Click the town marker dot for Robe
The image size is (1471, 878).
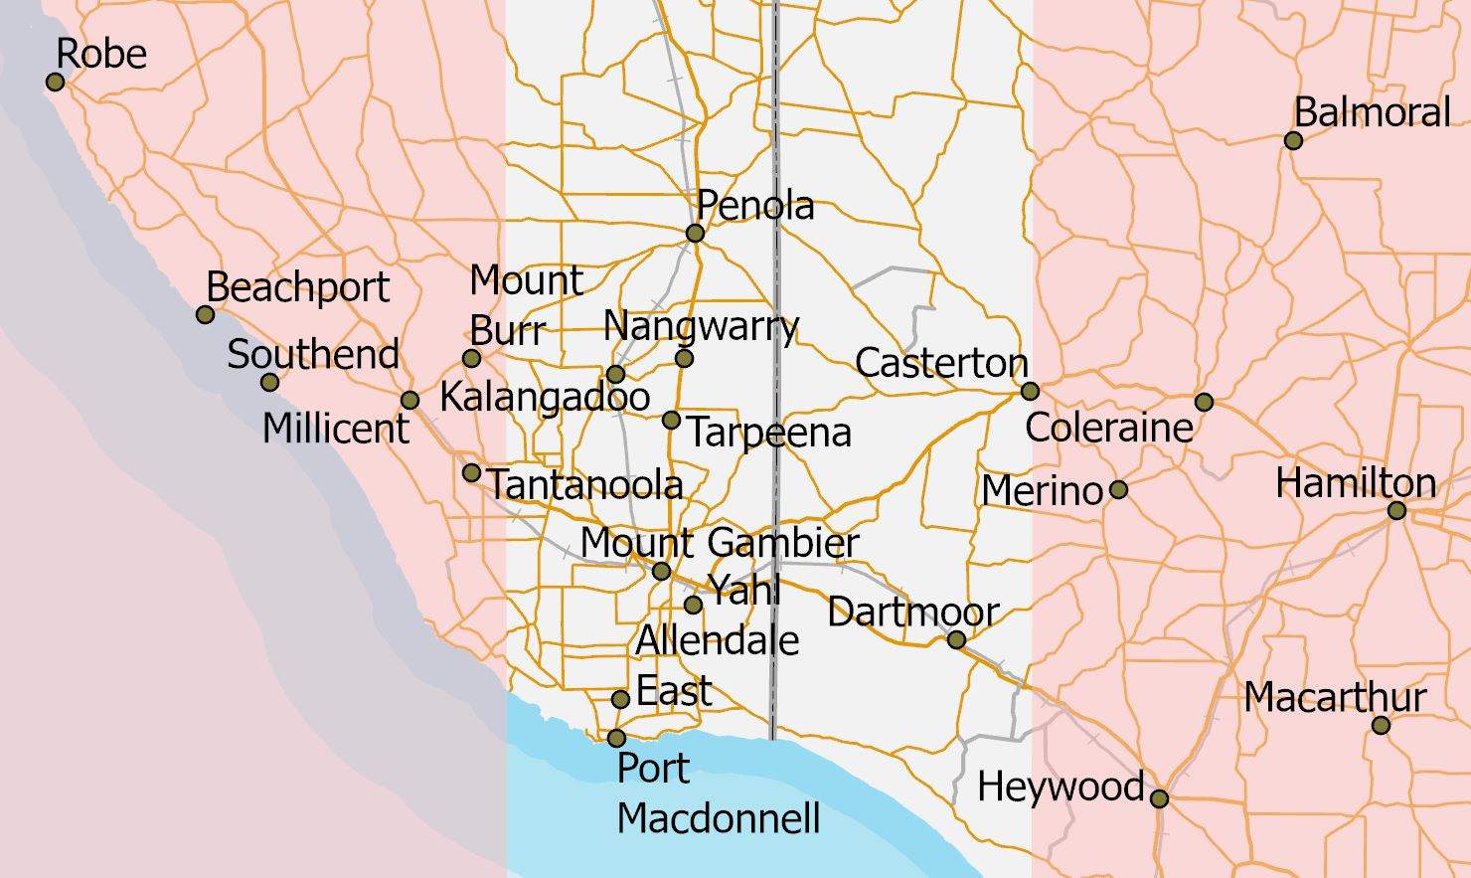click(56, 82)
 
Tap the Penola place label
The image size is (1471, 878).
click(755, 205)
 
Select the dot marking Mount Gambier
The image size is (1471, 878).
click(661, 571)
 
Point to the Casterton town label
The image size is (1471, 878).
click(940, 363)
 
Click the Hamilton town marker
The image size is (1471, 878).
click(1396, 511)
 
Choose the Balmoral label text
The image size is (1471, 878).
click(1372, 112)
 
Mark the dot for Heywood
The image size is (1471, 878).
click(1159, 797)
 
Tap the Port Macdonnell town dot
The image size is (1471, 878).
click(616, 738)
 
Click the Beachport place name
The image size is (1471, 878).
click(297, 287)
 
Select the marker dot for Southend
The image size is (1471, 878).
click(269, 382)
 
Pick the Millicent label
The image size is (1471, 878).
click(336, 429)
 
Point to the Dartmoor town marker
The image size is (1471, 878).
click(956, 640)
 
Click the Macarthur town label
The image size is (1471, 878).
click(1335, 697)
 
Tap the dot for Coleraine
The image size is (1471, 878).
click(1204, 402)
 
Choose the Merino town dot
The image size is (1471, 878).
click(1118, 489)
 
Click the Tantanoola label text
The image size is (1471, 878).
click(585, 484)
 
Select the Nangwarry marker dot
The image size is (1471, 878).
click(684, 358)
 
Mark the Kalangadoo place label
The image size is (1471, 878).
click(545, 397)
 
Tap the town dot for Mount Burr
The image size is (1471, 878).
click(472, 358)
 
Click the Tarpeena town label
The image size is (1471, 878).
click(769, 433)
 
